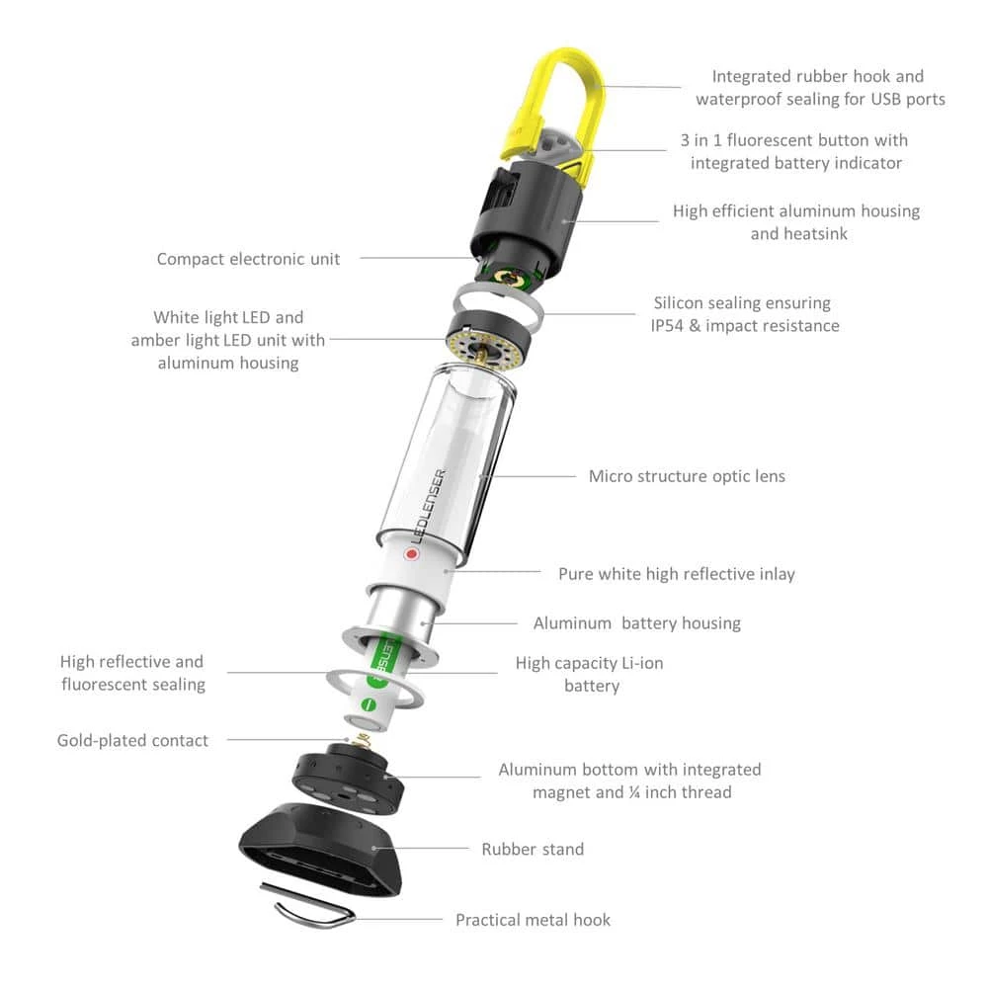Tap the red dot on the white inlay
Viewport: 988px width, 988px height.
pyautogui.click(x=411, y=555)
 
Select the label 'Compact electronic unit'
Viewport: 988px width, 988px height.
pyautogui.click(x=248, y=259)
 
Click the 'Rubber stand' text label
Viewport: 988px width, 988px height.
pyautogui.click(x=533, y=849)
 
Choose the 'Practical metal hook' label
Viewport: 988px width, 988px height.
pyautogui.click(x=533, y=920)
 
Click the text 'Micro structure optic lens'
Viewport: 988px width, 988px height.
pyautogui.click(x=687, y=476)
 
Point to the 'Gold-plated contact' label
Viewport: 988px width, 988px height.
pyautogui.click(x=132, y=740)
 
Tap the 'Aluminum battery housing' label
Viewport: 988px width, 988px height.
pyautogui.click(x=636, y=623)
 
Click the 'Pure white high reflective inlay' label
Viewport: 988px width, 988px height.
pyautogui.click(x=676, y=574)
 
